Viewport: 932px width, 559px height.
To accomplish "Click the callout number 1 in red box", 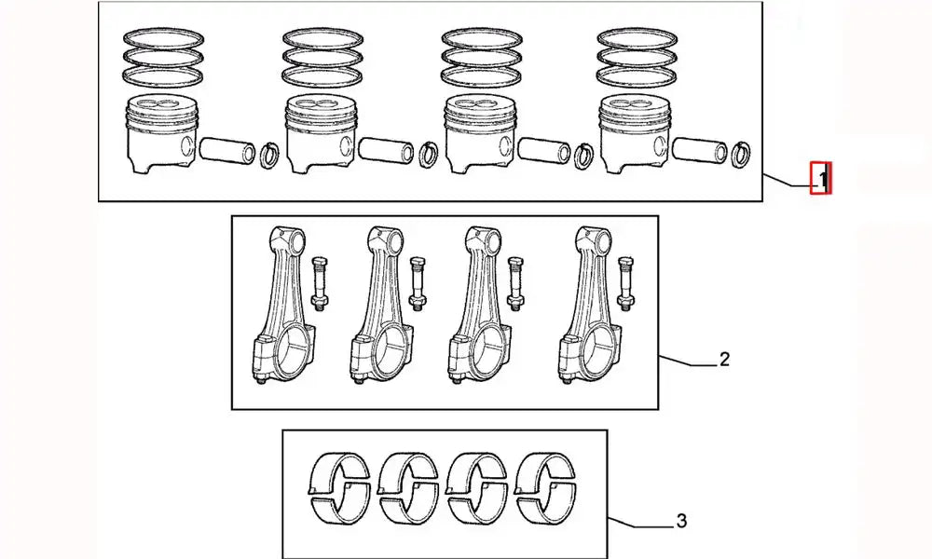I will coord(821,177).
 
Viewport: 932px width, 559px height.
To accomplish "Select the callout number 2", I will coord(724,359).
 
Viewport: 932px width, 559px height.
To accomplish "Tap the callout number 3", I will coord(681,521).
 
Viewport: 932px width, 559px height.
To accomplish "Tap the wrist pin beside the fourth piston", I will coord(700,149).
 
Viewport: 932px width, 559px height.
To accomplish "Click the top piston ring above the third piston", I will coord(481,38).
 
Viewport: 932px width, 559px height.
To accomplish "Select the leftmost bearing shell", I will coord(339,485).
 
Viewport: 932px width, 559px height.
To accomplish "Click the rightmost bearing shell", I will coord(550,485).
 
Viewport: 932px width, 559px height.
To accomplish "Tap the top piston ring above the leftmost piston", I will coord(164,38).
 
